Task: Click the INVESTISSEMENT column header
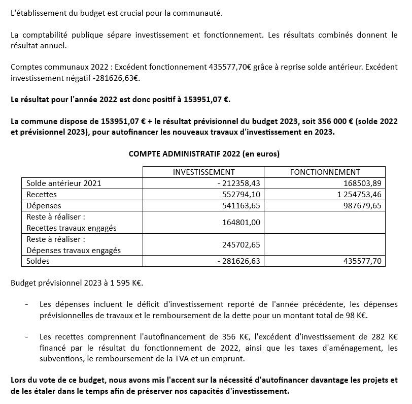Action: point(203,172)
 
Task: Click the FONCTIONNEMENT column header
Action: point(325,172)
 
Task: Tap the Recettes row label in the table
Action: point(42,194)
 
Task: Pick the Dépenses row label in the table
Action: point(44,205)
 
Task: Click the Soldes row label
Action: point(39,261)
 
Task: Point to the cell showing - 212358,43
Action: point(238,183)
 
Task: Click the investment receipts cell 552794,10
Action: point(241,194)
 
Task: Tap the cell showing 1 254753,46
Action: point(355,194)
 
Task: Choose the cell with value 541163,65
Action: point(241,205)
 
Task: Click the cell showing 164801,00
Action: point(241,222)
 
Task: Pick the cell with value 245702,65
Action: point(241,244)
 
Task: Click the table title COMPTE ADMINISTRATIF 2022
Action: point(204,153)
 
